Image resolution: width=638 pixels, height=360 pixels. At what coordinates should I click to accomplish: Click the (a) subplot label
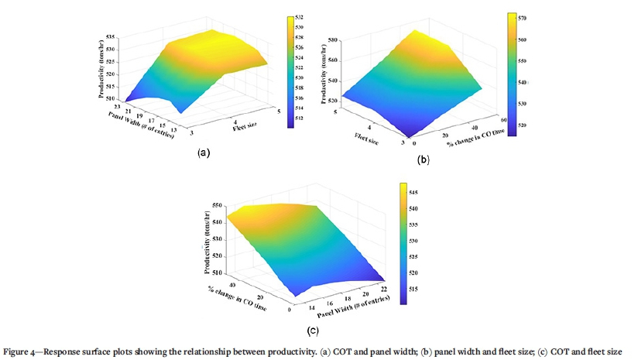pos(204,153)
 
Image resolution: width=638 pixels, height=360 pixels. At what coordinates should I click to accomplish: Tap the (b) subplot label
pos(423,159)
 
